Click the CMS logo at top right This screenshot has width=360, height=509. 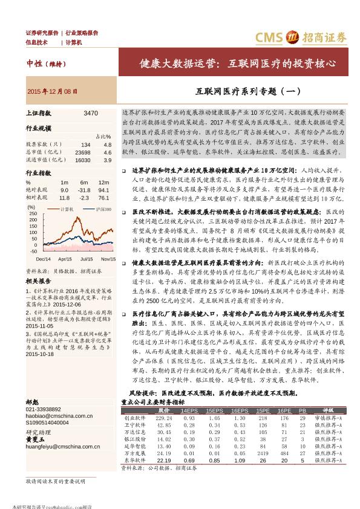(303, 37)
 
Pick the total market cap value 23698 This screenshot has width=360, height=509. (83, 152)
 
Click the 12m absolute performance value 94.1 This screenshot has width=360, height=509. (103, 190)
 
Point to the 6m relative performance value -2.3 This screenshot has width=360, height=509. (83, 197)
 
